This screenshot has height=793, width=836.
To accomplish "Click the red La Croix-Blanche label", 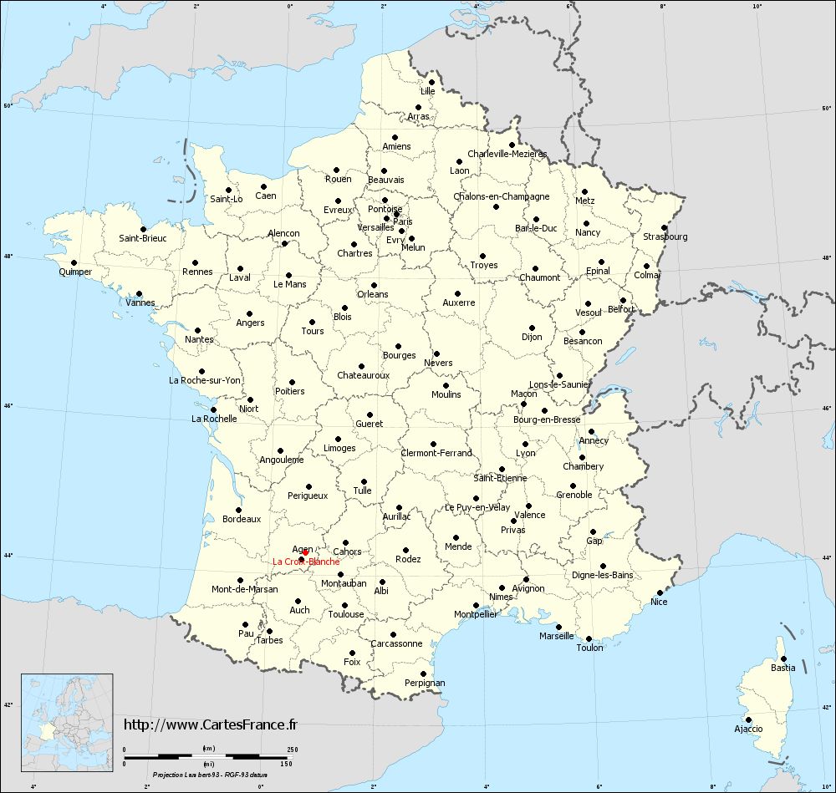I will tap(306, 562).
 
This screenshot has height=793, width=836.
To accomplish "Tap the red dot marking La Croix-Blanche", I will tap(305, 552).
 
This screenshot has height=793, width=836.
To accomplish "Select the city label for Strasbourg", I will tap(665, 236).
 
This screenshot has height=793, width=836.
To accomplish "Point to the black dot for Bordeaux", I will tap(238, 510).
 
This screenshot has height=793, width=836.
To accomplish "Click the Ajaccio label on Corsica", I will tap(748, 729).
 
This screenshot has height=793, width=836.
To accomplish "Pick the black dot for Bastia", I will tap(783, 658).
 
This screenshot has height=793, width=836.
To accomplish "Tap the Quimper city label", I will tap(75, 272).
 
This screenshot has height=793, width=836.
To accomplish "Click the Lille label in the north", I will tap(428, 90).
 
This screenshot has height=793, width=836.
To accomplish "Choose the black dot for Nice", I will tap(660, 592).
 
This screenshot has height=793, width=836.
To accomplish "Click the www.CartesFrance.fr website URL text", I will tap(211, 724).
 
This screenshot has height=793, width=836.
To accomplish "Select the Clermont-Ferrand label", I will tap(436, 453).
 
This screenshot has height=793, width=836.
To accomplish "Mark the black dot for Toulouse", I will tap(344, 605).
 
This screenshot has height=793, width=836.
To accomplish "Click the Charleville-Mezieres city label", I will tap(507, 154).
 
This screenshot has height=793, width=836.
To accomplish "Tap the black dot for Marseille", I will tap(558, 627).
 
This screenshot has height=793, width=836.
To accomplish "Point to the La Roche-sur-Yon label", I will tap(205, 380).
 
